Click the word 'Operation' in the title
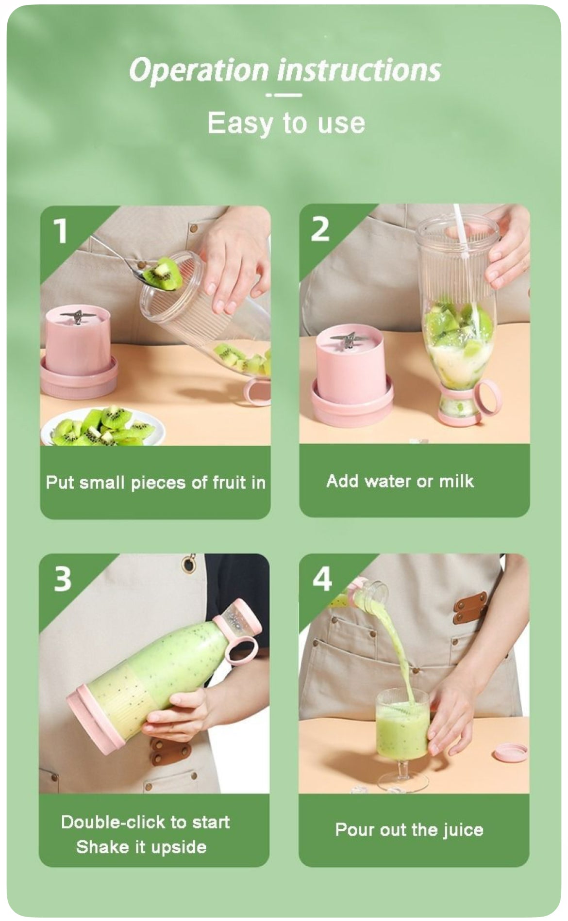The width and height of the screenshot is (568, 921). click(x=198, y=70)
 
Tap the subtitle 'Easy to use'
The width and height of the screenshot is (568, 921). click(x=286, y=123)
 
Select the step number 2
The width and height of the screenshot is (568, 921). click(x=320, y=229)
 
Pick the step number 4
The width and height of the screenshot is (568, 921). click(x=322, y=578)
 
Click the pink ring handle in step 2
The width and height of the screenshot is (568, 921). click(x=488, y=398)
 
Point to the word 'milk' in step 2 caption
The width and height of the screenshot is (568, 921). click(x=456, y=481)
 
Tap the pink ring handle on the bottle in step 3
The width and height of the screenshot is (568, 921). click(x=241, y=650)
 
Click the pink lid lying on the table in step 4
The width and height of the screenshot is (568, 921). click(x=510, y=752)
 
